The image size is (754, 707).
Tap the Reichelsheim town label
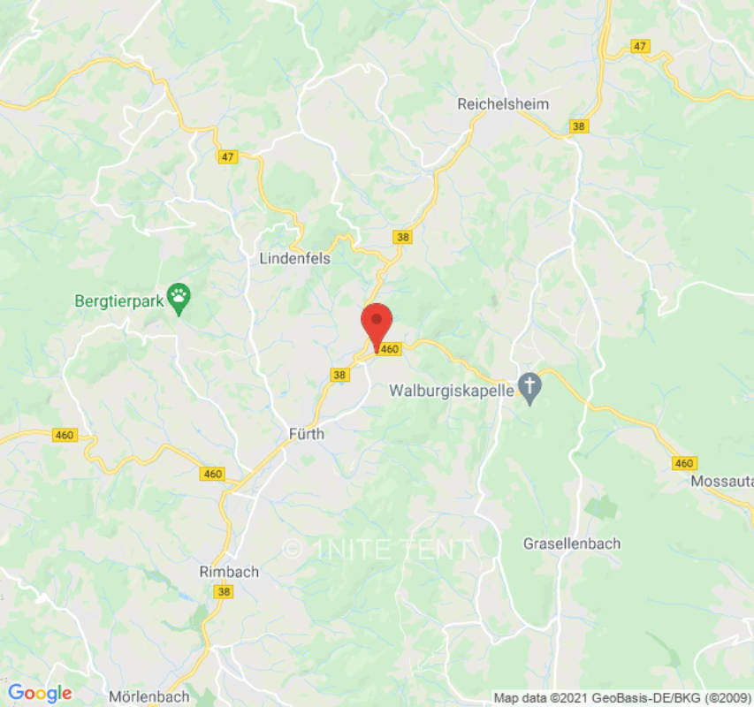point(502,104)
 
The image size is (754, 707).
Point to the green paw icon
point(179,299)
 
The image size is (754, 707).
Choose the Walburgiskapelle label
point(452,389)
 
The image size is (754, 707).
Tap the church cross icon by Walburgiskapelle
point(529,387)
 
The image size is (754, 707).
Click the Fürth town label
point(307,434)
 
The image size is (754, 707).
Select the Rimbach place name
point(229,572)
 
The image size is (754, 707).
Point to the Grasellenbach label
point(571,543)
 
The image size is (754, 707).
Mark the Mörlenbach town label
point(149,696)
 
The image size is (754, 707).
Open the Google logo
point(40,693)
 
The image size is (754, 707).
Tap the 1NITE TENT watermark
point(376,549)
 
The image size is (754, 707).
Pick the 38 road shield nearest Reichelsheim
point(579,126)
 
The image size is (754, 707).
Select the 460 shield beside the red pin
point(390,349)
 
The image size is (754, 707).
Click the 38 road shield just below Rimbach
point(224,592)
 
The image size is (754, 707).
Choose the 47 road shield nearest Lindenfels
point(228,156)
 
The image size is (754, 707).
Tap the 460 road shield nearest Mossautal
point(683,463)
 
